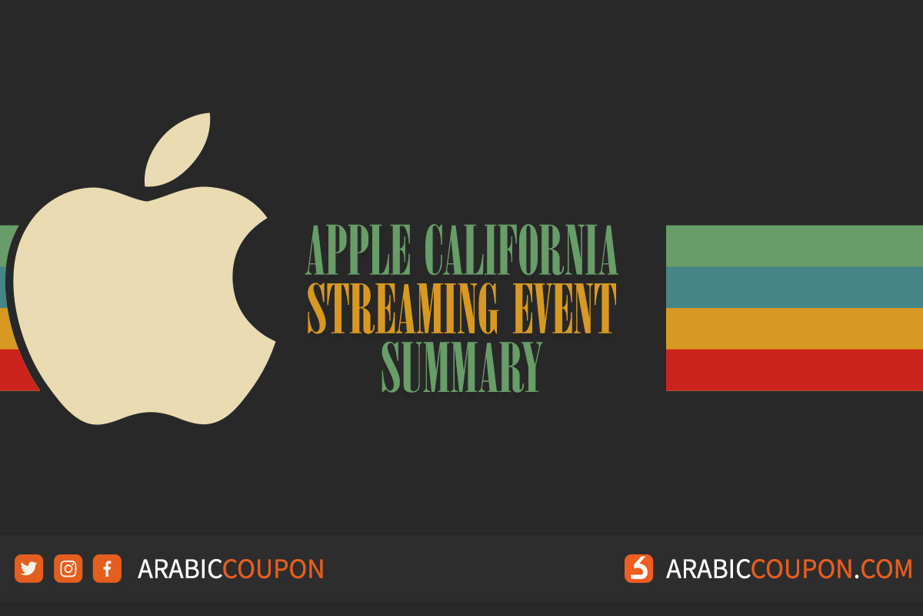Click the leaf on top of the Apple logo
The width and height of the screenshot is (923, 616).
[178, 149]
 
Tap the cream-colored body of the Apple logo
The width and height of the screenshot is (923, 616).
[131, 308]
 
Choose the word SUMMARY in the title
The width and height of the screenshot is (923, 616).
[462, 367]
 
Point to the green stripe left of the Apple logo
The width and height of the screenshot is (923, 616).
[8, 243]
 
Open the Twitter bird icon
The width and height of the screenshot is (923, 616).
[28, 569]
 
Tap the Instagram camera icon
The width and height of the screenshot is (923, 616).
[68, 569]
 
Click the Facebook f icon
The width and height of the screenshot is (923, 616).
[107, 569]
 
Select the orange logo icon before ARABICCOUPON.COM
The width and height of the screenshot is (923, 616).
[638, 569]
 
